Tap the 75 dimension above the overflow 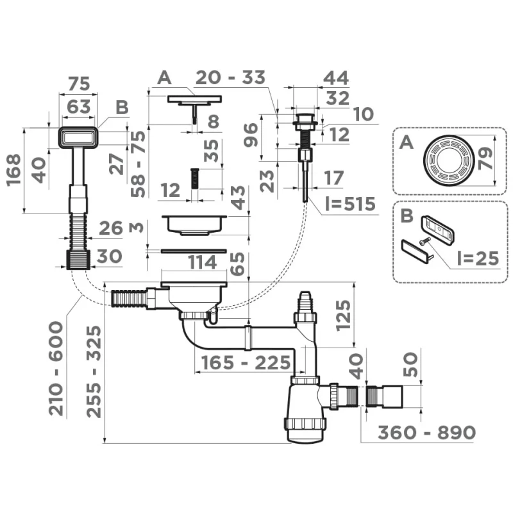click(x=78, y=84)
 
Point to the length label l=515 click(x=349, y=205)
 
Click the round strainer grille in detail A click(x=448, y=162)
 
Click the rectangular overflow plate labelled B click(x=79, y=137)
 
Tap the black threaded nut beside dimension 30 click(x=78, y=259)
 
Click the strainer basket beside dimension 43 click(x=192, y=224)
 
